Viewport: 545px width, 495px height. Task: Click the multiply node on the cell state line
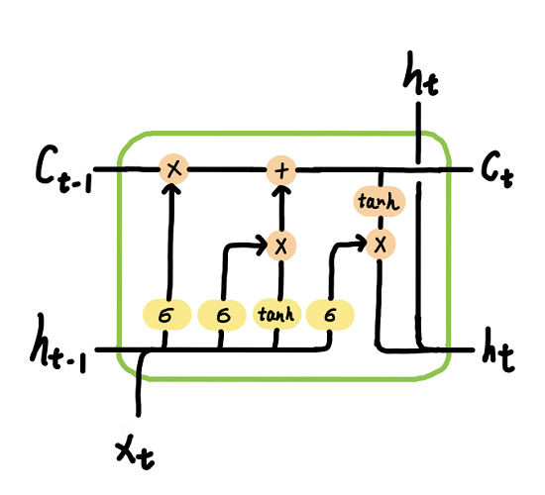[174, 169]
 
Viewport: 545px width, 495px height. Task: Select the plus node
[281, 169]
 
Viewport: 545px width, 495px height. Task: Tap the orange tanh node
[378, 202]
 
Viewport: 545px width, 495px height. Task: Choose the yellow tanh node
[273, 315]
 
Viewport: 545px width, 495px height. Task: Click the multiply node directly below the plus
[281, 243]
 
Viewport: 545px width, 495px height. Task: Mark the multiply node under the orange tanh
[378, 243]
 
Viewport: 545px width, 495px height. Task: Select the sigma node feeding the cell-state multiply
[165, 315]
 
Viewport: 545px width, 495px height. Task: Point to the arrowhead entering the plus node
[281, 191]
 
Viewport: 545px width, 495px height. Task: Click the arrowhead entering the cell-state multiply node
[174, 191]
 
